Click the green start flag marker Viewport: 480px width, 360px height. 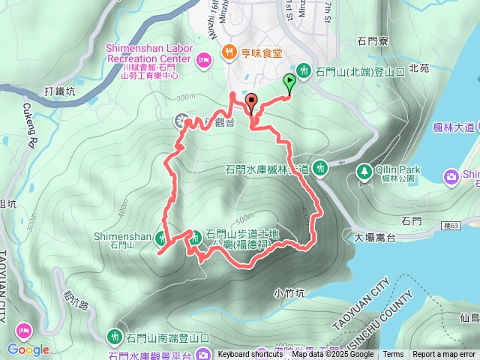click(289, 83)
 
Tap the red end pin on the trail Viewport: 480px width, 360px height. click(250, 102)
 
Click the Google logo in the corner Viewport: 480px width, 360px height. click(28, 349)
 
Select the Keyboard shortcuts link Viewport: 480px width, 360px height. click(250, 355)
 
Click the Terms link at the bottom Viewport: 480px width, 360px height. click(393, 355)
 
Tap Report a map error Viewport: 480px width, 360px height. click(444, 355)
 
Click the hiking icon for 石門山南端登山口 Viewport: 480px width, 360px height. click(114, 335)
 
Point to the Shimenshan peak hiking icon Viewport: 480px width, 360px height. click(161, 238)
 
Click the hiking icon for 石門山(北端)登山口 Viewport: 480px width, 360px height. click(304, 70)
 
